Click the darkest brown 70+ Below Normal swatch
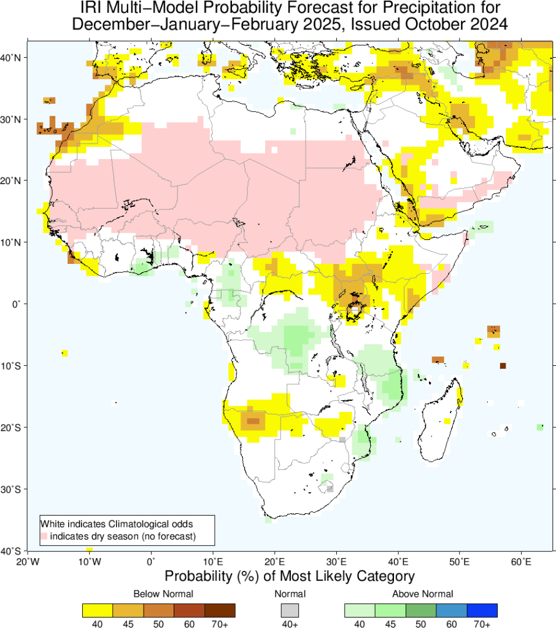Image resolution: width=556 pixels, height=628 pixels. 220,610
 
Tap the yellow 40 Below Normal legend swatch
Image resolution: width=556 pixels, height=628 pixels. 97,610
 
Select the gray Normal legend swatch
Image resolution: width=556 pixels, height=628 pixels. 290,610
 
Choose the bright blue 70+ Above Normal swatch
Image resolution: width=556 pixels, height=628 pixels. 482,610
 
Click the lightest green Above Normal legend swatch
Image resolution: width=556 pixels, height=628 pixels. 360,610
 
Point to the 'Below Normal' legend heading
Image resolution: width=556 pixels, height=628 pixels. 163,594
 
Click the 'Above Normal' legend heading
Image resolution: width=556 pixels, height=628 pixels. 423,594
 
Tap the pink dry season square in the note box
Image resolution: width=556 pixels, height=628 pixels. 44,537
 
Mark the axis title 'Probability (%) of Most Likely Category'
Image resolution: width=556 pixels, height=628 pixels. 290,577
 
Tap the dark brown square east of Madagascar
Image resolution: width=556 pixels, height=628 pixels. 503,366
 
